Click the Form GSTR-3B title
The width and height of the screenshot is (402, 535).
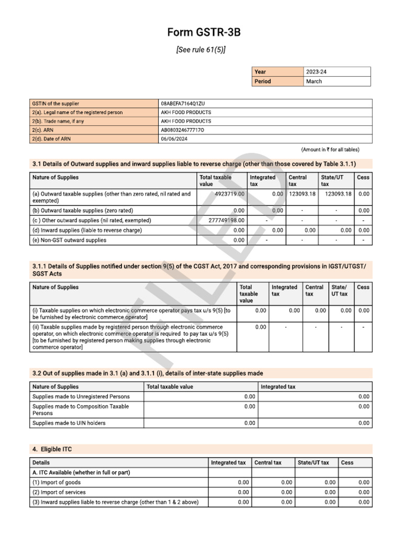click(204, 32)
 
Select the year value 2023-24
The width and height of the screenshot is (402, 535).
click(320, 72)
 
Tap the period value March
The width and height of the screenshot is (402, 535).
click(314, 82)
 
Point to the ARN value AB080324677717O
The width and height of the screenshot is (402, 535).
click(183, 130)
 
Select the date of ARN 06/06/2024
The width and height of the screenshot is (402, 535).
click(174, 139)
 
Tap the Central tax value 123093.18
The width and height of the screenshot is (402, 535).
click(302, 194)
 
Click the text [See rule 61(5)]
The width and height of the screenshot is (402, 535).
click(201, 50)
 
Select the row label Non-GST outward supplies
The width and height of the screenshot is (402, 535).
click(69, 240)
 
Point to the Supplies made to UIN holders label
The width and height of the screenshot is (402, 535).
click(69, 423)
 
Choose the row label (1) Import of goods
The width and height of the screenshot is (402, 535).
click(57, 483)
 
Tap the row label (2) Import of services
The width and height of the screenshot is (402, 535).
click(59, 492)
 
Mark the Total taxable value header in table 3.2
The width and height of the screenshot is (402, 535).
click(170, 387)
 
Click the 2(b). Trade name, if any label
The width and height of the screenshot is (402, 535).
click(58, 121)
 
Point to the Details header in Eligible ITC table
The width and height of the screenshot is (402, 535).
click(41, 462)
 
